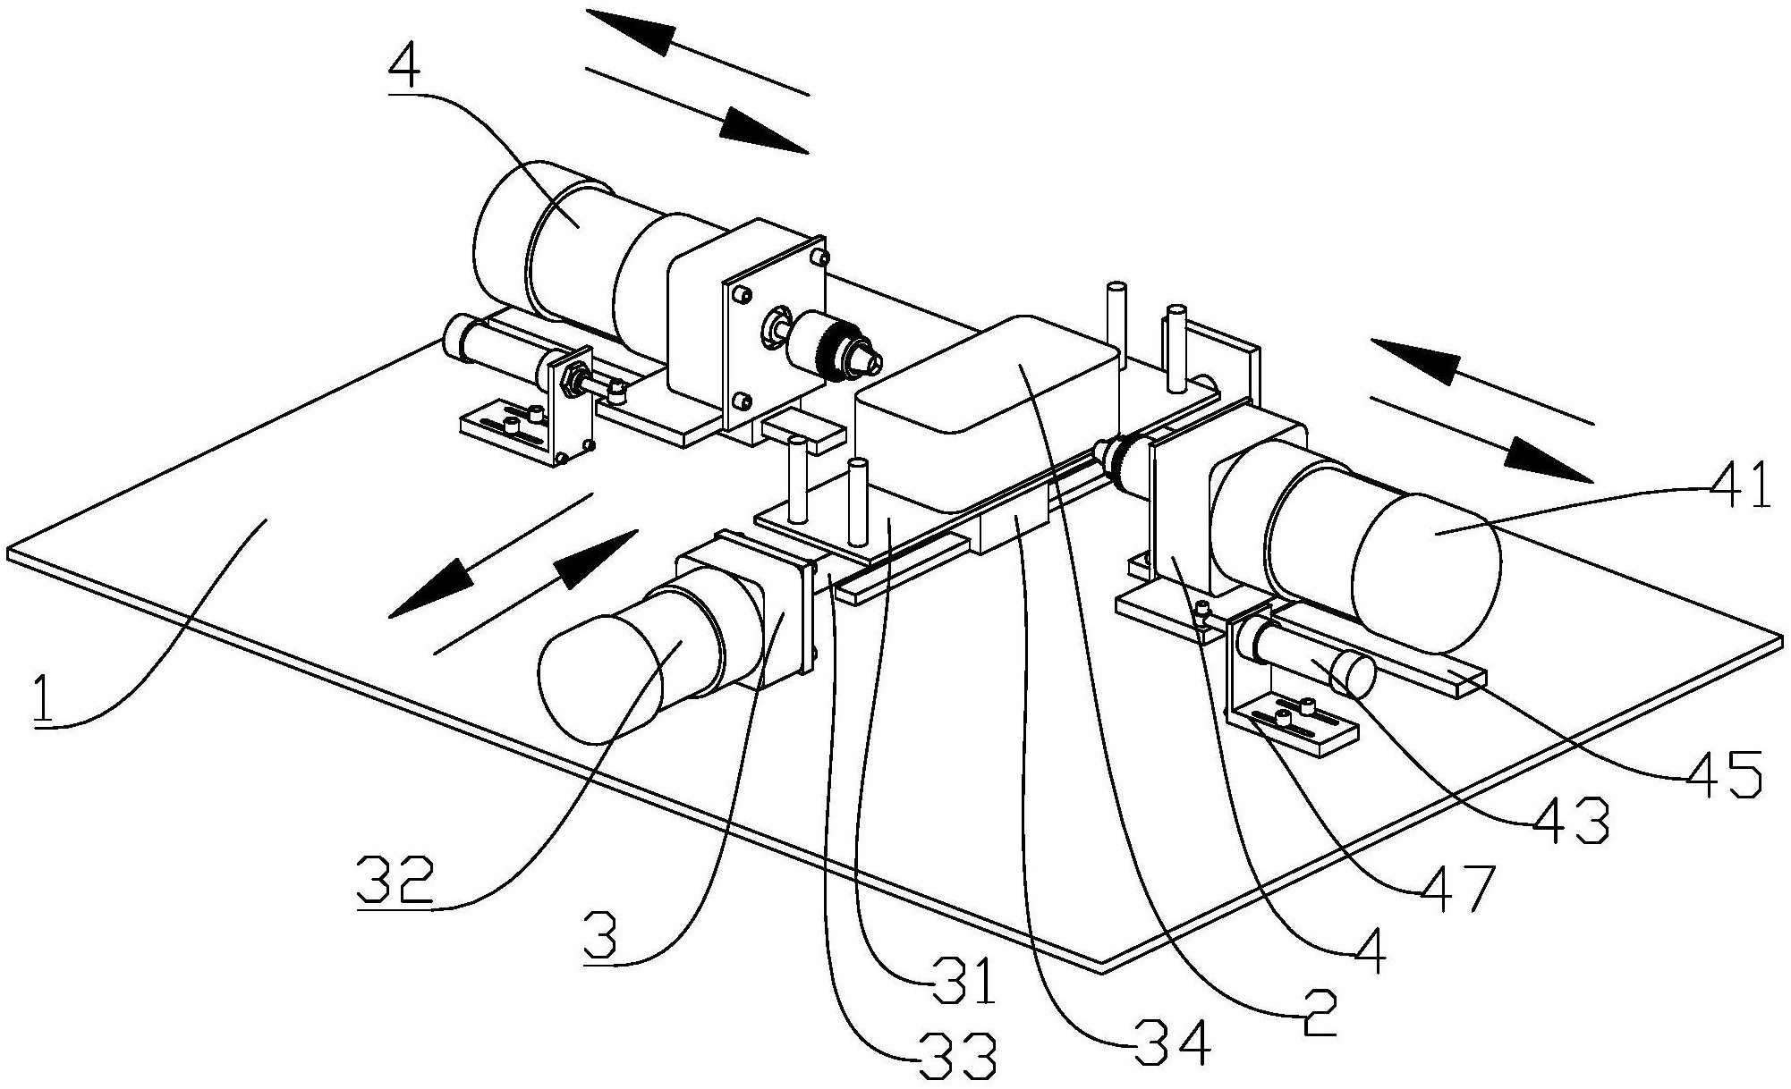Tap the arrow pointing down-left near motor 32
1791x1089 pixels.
point(424,592)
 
